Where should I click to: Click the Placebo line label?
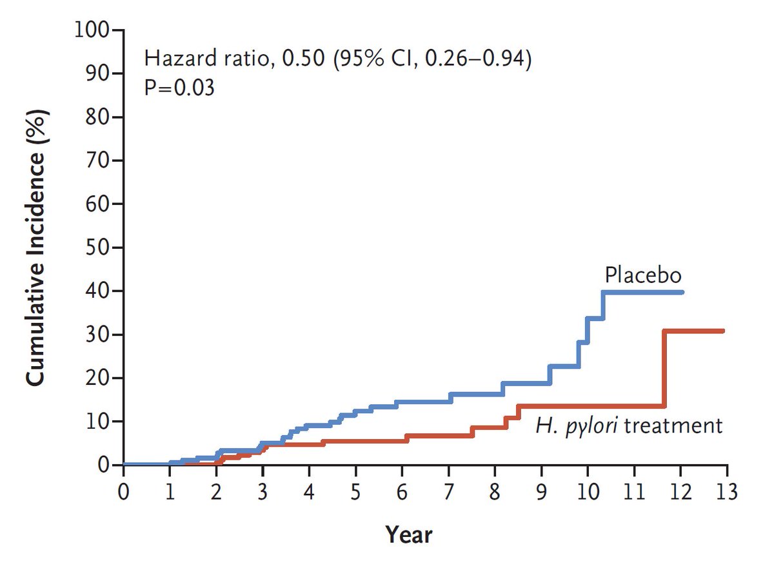(643, 275)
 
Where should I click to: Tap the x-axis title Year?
(409, 534)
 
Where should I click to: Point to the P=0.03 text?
(179, 87)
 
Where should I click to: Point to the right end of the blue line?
(682, 292)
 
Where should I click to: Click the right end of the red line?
(723, 331)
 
